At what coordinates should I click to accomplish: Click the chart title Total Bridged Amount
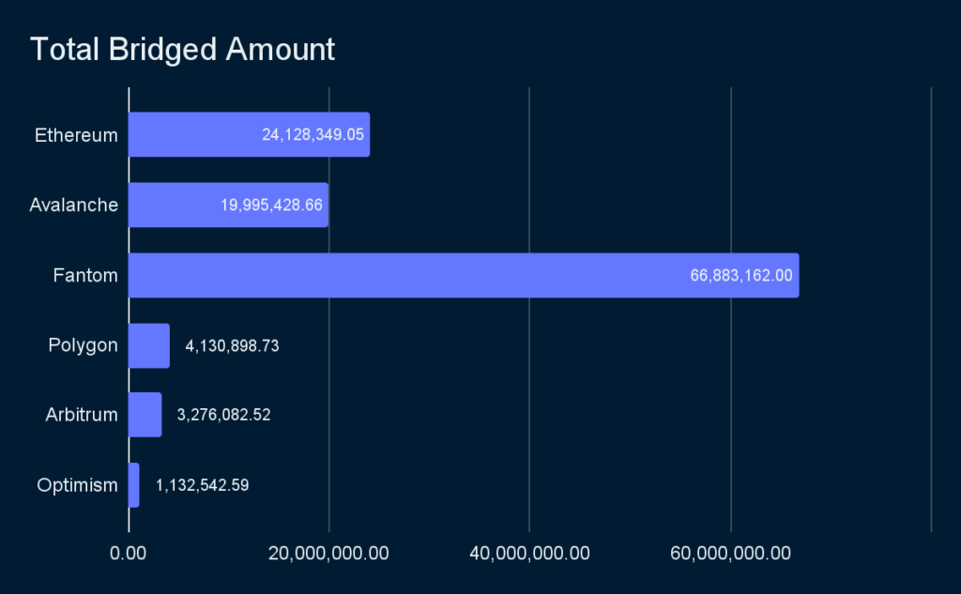(182, 49)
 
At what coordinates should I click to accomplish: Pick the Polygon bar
(148, 345)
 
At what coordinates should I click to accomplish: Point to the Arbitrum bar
(145, 415)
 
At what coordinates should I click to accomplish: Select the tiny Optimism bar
(133, 485)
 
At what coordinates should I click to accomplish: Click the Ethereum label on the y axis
(76, 135)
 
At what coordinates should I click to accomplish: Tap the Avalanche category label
(73, 205)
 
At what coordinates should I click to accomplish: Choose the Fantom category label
(85, 275)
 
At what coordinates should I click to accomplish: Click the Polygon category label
(83, 345)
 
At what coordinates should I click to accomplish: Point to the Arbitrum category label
(82, 415)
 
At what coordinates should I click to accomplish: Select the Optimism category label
(77, 485)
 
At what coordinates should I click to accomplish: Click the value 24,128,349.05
(313, 135)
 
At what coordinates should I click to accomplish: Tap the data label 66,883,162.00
(741, 275)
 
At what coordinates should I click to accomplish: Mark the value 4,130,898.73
(232, 345)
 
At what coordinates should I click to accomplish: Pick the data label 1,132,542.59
(202, 485)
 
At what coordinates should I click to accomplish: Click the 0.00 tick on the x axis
(128, 553)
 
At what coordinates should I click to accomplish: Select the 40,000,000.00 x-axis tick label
(529, 553)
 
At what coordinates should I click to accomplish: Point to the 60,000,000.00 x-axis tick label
(730, 553)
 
